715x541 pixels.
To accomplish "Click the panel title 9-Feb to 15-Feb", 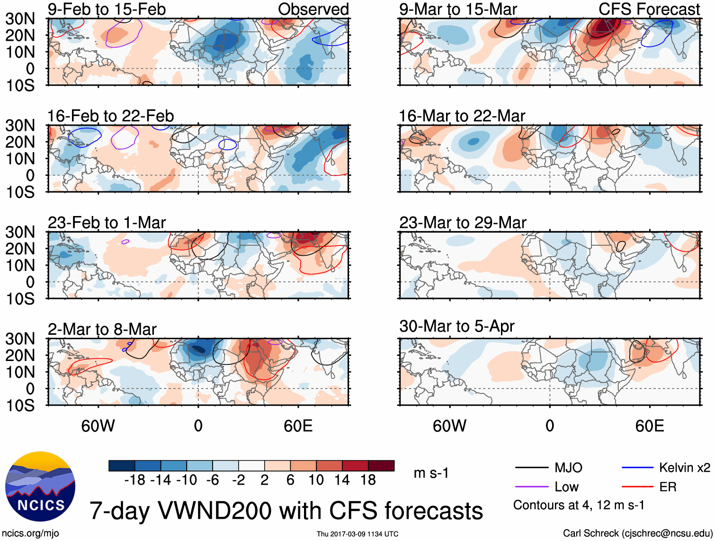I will coord(107,9).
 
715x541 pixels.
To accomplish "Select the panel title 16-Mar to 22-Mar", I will coord(462,116).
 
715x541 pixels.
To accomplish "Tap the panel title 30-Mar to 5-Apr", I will coord(456,326).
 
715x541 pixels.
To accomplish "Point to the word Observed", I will coord(313,9).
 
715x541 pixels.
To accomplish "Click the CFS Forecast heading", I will coord(649,9).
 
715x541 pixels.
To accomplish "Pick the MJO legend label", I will coord(568,468).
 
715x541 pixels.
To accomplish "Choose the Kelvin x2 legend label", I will coord(684,468).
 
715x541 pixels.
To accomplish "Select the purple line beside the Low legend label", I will coord(531,487).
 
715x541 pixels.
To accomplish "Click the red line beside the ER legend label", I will coord(637,487).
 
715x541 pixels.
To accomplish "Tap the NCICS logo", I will coord(40,487).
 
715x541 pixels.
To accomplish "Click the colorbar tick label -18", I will coord(134,480).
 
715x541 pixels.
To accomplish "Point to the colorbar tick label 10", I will coord(316,480).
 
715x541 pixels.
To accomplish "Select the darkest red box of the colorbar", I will coord(381,466).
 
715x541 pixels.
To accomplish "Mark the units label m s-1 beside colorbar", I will coord(431,473).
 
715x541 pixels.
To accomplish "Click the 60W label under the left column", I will coord(98,426).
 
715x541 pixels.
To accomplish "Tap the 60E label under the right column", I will coord(649,426).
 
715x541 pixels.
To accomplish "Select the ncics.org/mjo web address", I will coord(30,533).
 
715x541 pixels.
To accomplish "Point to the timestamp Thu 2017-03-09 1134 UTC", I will coord(357,534).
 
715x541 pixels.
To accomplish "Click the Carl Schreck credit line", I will coord(637,533).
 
